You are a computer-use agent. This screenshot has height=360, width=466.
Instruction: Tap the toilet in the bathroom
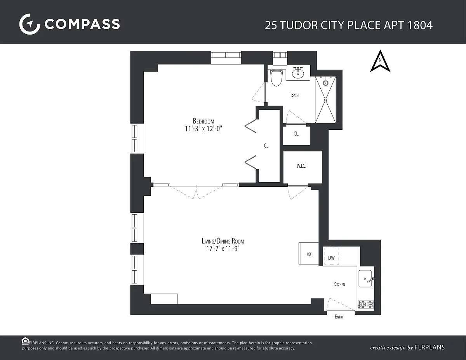(x=276, y=77)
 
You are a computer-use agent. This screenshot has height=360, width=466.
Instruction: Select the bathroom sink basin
(x=298, y=73)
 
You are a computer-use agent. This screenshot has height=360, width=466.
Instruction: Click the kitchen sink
(x=365, y=278)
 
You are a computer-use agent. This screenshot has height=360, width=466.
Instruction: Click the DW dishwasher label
(x=331, y=258)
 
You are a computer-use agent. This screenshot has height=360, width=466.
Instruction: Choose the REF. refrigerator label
(x=310, y=254)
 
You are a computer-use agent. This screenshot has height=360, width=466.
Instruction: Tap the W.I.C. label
(x=301, y=166)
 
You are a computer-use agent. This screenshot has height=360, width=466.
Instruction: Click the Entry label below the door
(x=339, y=317)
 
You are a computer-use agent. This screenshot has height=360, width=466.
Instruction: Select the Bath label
(x=295, y=95)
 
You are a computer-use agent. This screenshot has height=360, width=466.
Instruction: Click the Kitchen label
(x=339, y=284)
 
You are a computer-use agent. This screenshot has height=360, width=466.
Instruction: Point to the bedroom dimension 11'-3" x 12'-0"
(x=203, y=129)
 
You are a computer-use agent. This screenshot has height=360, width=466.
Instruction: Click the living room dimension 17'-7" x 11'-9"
(x=223, y=249)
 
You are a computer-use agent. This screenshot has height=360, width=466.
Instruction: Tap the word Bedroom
(x=203, y=121)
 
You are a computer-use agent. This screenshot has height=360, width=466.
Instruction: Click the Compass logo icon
(x=30, y=24)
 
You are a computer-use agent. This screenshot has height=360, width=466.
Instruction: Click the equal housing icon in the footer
(x=25, y=341)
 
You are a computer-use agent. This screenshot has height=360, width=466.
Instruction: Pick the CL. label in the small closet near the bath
(x=296, y=134)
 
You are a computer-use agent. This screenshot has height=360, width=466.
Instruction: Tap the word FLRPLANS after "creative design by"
(x=429, y=347)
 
